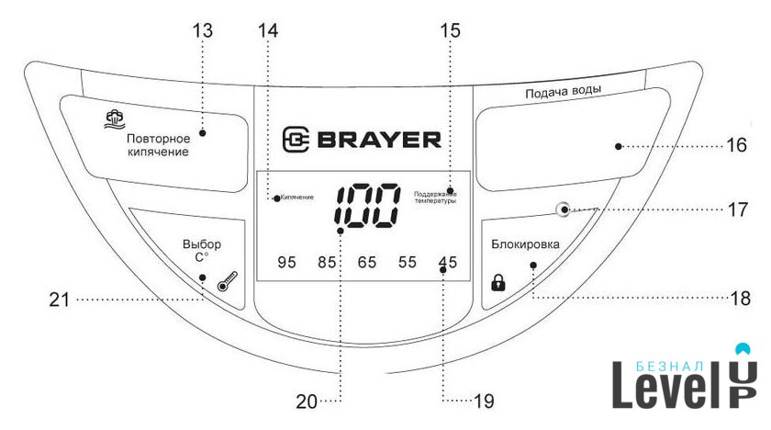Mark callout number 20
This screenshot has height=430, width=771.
coord(306,401)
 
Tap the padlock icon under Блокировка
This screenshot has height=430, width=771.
coord(498,282)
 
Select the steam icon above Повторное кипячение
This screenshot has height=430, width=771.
coord(114,118)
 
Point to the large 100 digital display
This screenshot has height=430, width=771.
coord(366,205)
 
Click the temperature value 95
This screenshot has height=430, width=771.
coord(286,263)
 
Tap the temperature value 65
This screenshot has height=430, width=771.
coord(367,263)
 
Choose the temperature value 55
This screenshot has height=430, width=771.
coord(408,263)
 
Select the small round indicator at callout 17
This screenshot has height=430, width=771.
coord(562,209)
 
